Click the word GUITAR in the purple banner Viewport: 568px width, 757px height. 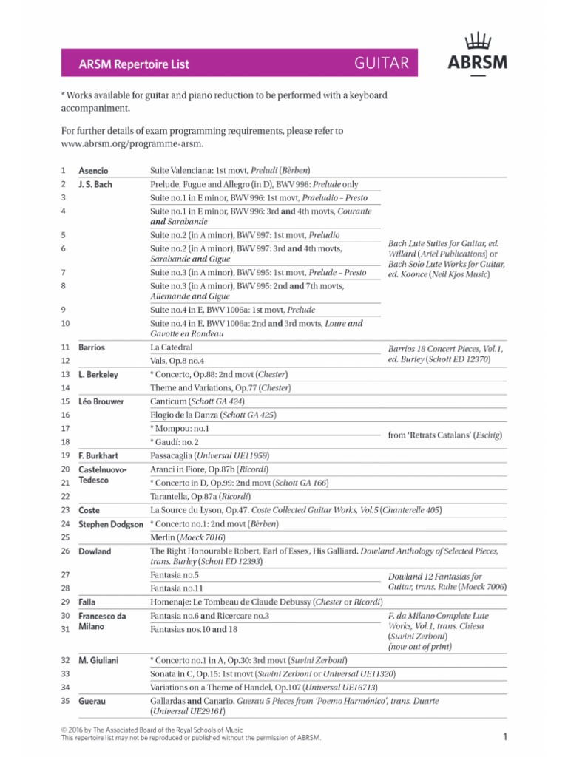tap(382, 64)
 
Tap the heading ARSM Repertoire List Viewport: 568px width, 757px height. tap(134, 64)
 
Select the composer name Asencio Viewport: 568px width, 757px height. tap(93, 171)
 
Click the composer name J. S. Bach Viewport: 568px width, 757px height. tap(95, 184)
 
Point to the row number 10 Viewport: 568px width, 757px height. tap(64, 323)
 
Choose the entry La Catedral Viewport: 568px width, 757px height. tap(171, 347)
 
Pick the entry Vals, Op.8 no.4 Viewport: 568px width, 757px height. tap(177, 360)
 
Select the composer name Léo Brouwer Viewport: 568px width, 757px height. tap(101, 401)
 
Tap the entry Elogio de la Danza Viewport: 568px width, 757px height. tap(213, 415)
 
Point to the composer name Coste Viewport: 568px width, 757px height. tap(89, 510)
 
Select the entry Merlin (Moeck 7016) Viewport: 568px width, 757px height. tap(187, 537)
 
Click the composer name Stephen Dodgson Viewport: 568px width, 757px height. tap(111, 524)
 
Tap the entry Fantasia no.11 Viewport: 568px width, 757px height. tap(176, 588)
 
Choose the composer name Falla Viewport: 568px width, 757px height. tap(87, 602)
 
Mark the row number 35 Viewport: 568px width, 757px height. tap(64, 700)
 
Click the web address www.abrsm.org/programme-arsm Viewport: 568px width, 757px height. tap(131, 143)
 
